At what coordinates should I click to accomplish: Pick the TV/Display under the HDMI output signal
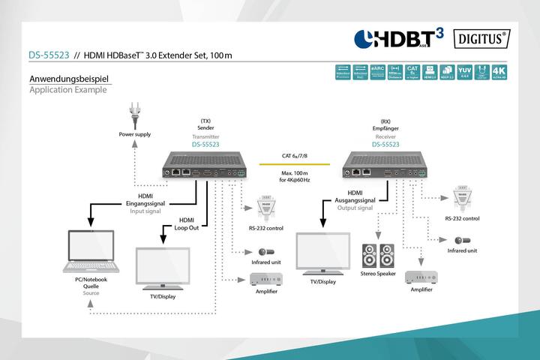324,256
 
